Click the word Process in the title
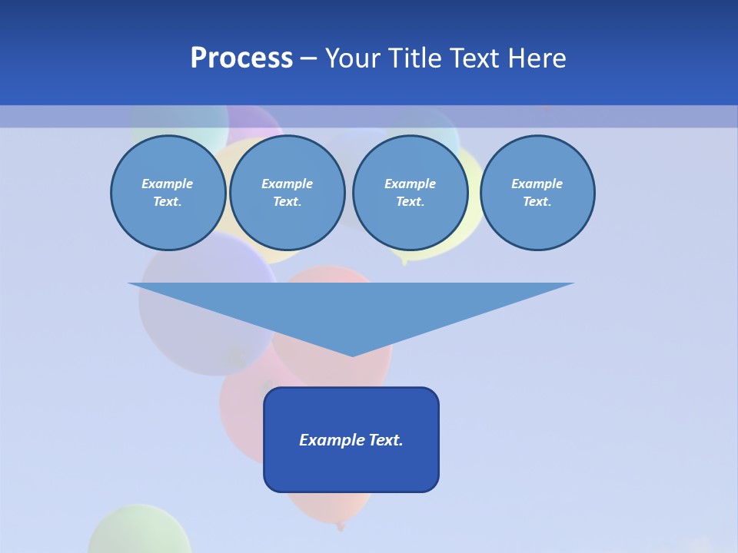point(241,58)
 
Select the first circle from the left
point(168,193)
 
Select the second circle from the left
point(287,193)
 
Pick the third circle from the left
point(410,193)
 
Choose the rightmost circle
point(537,193)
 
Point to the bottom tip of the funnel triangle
point(351,355)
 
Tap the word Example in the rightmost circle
point(537,184)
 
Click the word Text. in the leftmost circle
point(168,202)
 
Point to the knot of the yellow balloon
point(405,263)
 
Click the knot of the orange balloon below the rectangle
point(340,526)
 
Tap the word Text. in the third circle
point(410,202)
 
